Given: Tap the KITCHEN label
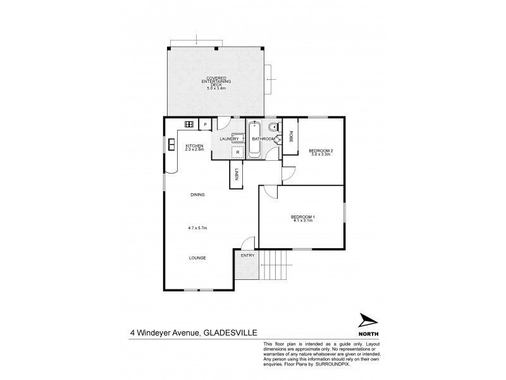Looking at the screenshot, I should tap(194, 146).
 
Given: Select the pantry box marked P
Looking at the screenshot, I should tap(205, 124).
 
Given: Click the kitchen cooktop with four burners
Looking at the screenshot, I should tap(188, 124).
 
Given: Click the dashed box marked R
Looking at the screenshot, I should tap(237, 151).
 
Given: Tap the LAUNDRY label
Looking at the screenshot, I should tap(228, 139).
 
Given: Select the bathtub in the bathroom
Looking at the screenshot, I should tap(254, 138).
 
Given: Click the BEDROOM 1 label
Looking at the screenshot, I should tap(304, 217).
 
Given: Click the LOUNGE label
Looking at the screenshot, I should tap(197, 258).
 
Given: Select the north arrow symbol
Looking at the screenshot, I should tap(367, 322).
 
